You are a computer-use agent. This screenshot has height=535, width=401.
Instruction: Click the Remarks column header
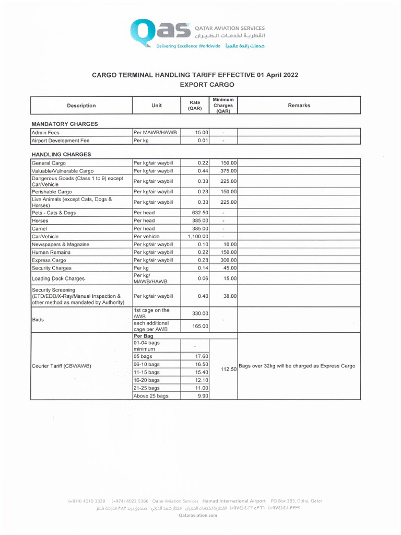(299, 106)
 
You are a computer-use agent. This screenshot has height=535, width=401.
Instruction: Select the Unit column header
(156, 106)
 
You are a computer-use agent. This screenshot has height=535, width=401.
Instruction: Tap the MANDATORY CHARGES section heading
(65, 124)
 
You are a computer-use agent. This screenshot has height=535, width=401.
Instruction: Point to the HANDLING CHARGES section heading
(61, 155)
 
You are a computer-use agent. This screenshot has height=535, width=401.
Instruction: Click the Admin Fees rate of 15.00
(202, 133)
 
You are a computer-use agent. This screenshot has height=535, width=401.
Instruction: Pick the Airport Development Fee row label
(61, 141)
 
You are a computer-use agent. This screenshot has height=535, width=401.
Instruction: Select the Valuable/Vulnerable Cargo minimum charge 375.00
(228, 171)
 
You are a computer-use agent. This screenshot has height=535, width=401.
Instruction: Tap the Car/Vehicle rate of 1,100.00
(198, 237)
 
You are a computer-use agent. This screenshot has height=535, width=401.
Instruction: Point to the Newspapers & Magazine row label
(61, 245)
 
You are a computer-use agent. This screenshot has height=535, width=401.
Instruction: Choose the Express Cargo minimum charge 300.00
(228, 260)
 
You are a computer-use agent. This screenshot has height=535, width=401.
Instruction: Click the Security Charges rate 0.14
(203, 268)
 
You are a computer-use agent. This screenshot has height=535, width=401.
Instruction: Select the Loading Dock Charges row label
(58, 278)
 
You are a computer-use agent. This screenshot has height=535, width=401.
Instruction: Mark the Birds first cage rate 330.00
(200, 313)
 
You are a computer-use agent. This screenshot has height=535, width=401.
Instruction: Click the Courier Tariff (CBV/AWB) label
(62, 366)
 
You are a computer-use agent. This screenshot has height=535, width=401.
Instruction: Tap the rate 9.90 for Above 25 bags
(203, 396)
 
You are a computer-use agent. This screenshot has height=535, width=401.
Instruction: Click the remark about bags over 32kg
(297, 366)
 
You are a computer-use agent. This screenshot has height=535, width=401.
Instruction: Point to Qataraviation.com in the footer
(197, 515)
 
